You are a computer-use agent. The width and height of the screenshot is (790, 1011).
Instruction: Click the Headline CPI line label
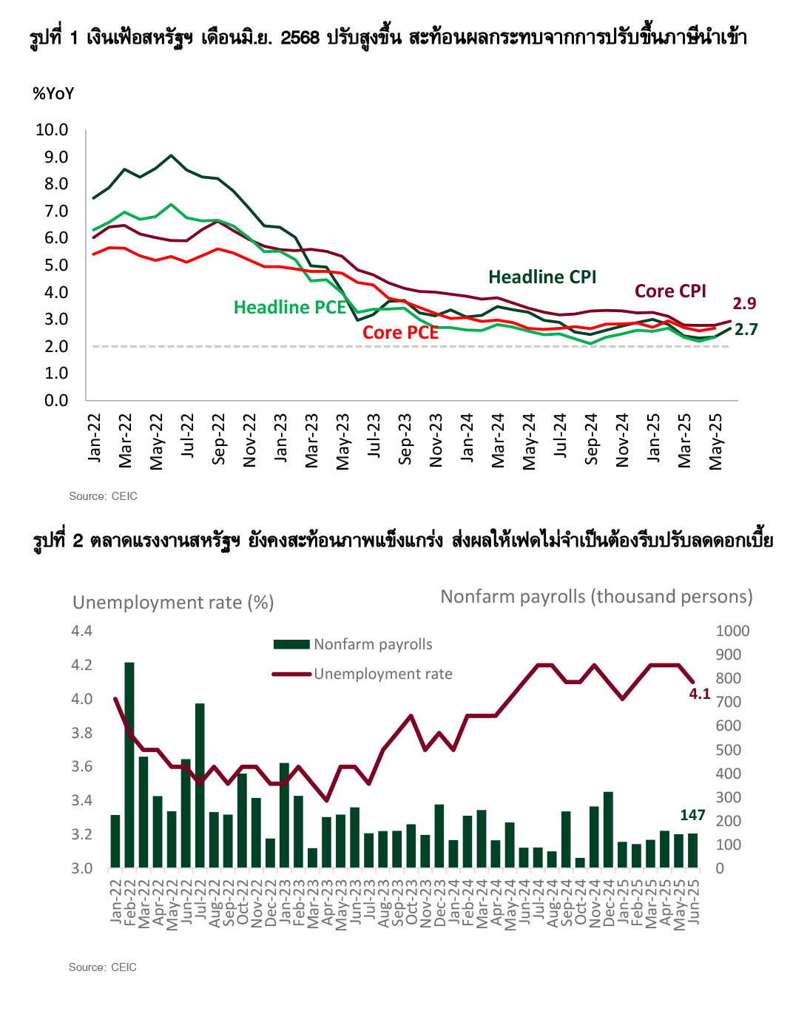[x=542, y=277]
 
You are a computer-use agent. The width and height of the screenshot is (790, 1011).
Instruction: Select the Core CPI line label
[x=670, y=291]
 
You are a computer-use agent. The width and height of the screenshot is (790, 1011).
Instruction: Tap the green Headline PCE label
[x=290, y=308]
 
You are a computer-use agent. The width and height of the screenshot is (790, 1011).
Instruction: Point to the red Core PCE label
[x=401, y=333]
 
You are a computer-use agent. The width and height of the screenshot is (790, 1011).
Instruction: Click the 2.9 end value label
[x=744, y=303]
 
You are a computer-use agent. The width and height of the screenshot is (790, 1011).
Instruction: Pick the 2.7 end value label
[x=746, y=329]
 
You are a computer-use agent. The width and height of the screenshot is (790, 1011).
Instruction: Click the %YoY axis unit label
[x=53, y=93]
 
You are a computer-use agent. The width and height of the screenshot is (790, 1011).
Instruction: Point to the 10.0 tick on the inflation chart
[x=52, y=130]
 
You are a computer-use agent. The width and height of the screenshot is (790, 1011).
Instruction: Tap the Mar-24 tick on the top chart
[x=497, y=440]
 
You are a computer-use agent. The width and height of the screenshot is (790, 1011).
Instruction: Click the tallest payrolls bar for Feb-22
[x=129, y=765]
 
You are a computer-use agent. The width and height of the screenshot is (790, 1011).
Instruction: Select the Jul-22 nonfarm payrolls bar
[x=200, y=785]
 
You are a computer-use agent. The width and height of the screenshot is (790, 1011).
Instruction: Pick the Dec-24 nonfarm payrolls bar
[x=608, y=830]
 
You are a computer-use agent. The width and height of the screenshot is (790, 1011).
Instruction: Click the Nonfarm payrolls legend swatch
[x=291, y=644]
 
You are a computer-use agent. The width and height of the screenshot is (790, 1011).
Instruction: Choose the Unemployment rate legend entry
[x=362, y=674]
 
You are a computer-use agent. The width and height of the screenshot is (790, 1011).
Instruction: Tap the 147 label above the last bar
[x=693, y=815]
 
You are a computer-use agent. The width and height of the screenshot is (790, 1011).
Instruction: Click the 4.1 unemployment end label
[x=699, y=694]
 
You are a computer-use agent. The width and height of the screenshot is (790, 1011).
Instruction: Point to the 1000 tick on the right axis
[x=733, y=631]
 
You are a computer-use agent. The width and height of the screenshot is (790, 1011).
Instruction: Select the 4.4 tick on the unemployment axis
[x=81, y=631]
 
